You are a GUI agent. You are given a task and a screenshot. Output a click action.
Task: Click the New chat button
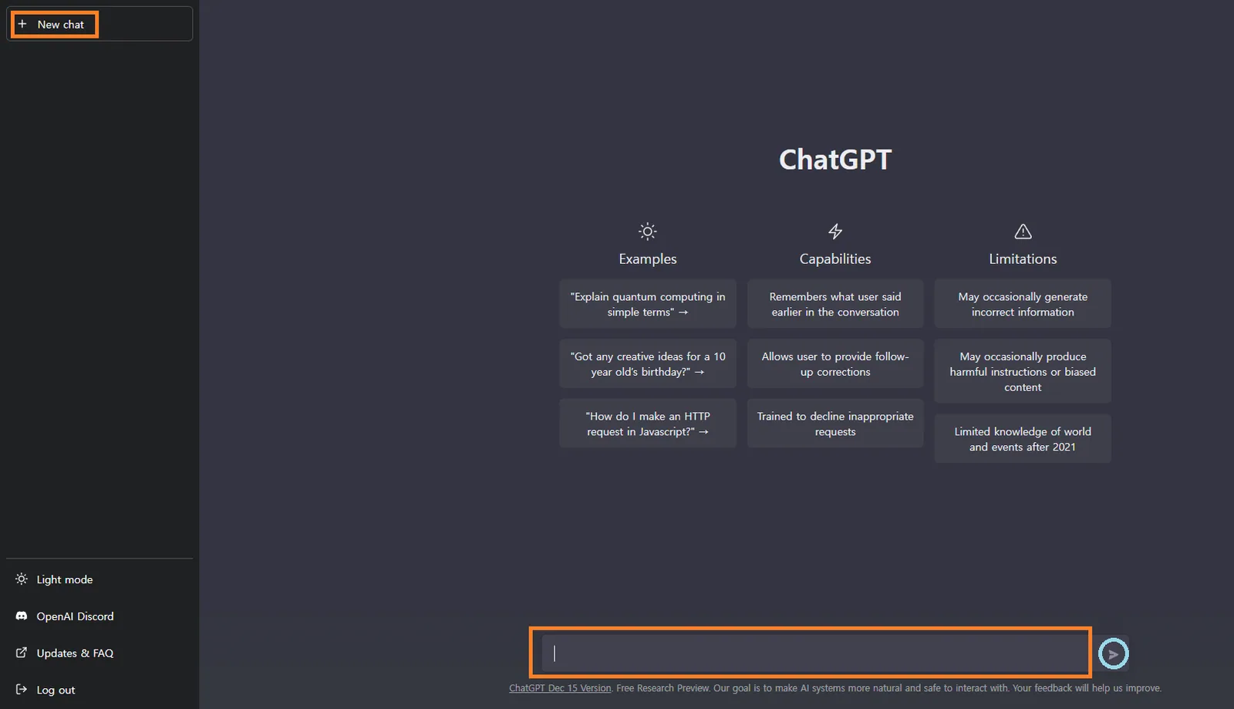(x=99, y=24)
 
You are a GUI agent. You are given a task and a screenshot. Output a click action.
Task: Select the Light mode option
(x=64, y=579)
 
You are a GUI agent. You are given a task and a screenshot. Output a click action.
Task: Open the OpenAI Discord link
(x=75, y=616)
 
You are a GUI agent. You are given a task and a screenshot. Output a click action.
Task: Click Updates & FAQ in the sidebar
(x=75, y=653)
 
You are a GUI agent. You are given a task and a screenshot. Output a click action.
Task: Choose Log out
(x=55, y=690)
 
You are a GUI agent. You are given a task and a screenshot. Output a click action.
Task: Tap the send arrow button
(x=1114, y=654)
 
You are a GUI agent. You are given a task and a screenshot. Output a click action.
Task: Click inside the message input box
(x=815, y=653)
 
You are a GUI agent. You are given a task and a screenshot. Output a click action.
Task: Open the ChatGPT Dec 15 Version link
(x=560, y=688)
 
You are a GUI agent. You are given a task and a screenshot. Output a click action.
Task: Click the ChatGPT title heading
(x=835, y=160)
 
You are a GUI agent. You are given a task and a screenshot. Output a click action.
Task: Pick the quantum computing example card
(x=648, y=304)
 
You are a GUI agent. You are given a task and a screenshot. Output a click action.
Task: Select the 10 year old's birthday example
(x=648, y=364)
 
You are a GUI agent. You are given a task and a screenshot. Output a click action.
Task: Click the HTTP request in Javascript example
(x=648, y=424)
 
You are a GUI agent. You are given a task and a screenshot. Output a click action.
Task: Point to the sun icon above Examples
(x=648, y=231)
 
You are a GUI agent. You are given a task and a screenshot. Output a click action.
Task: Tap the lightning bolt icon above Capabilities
(x=835, y=231)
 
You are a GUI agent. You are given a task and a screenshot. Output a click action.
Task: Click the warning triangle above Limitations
(x=1023, y=231)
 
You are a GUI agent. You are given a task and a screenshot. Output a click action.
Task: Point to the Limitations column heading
(x=1023, y=259)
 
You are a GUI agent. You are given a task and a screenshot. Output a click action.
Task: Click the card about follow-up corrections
(x=835, y=364)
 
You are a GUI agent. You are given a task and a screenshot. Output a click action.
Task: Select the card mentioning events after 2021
(x=1023, y=439)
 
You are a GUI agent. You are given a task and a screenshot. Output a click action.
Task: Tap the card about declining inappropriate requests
(x=835, y=424)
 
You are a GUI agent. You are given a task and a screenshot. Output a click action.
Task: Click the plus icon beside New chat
(x=22, y=24)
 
